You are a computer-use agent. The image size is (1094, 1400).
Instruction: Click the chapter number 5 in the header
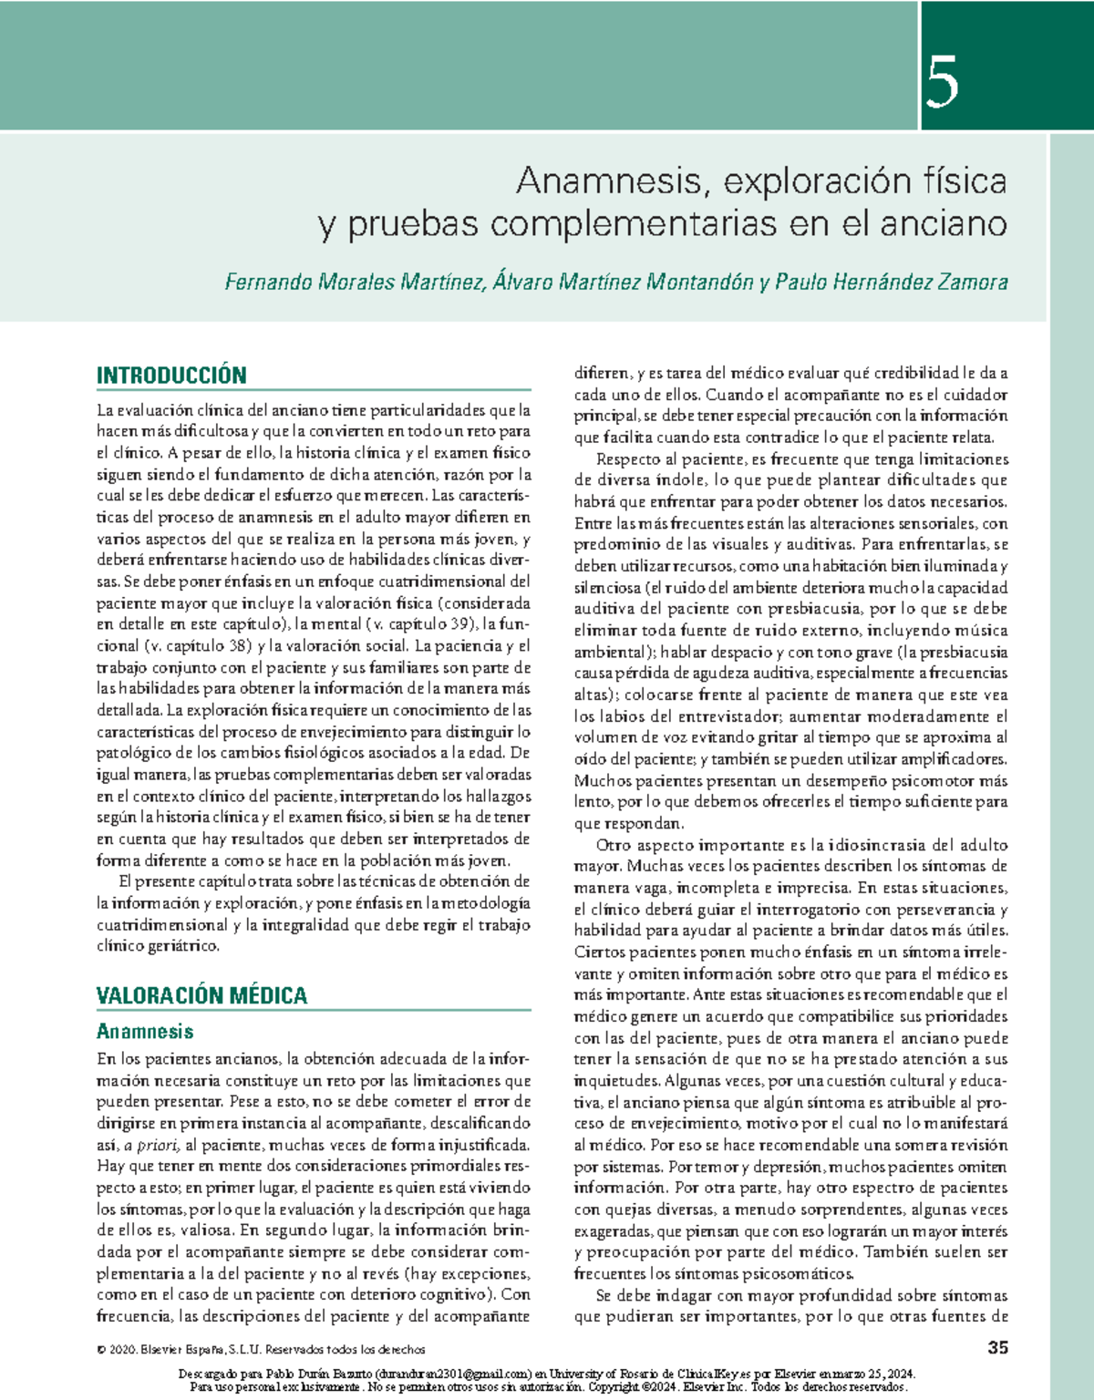[943, 82]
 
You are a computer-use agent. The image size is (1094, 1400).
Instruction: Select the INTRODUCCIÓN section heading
[171, 376]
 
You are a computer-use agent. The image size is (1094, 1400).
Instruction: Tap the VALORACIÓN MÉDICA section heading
[201, 995]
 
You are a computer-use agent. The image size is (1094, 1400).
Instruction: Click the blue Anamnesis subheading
[145, 1032]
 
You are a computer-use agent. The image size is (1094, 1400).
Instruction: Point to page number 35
[997, 1347]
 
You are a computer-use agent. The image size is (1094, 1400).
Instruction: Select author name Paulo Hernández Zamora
[891, 283]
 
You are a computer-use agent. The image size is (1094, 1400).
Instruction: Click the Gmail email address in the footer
[452, 1374]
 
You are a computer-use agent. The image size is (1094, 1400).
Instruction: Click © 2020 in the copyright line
[115, 1350]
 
